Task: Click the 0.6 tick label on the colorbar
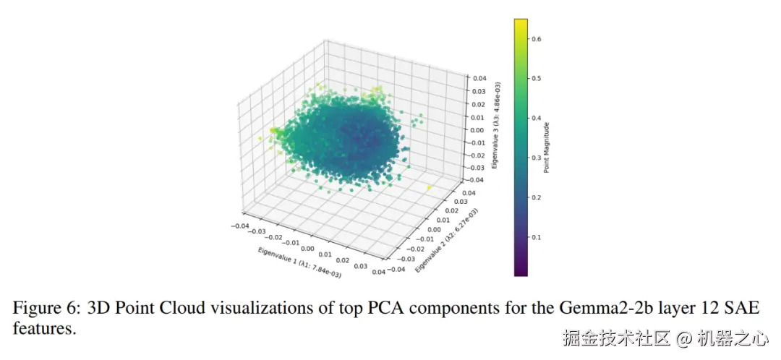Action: (x=537, y=39)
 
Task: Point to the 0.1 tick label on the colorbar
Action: (x=537, y=237)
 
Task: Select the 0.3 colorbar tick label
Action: (x=537, y=158)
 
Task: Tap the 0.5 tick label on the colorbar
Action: (x=537, y=79)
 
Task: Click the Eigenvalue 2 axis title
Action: (x=445, y=236)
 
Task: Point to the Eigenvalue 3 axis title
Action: (x=496, y=127)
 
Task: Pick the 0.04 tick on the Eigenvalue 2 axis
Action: (x=469, y=193)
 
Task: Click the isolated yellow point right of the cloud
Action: (x=429, y=188)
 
